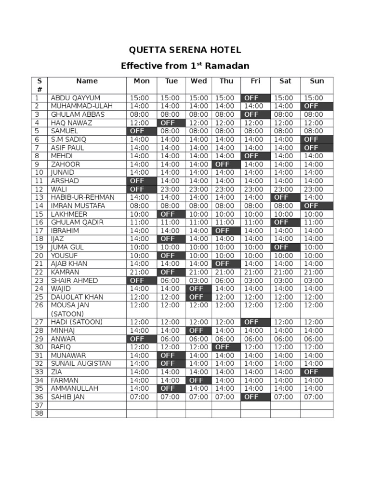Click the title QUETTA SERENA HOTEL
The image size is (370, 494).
coord(185,50)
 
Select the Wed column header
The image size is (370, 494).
coord(198,81)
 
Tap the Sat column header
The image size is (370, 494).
coord(285,81)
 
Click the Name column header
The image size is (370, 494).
coord(87,81)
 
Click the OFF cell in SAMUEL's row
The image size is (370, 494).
coord(142,131)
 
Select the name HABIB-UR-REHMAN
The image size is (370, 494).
coord(82,197)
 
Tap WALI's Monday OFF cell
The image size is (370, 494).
coord(142,189)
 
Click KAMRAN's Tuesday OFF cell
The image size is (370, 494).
coord(171,272)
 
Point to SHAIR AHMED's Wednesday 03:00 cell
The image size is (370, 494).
coord(198,280)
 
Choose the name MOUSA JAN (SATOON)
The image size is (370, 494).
coord(70,309)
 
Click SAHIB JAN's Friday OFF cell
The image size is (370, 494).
coord(255,397)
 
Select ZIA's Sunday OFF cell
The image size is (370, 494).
coord(317,372)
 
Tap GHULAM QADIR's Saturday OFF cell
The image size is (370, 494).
coord(285,222)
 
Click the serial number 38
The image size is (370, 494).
coord(39,413)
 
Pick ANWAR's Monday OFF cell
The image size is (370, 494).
coord(142,339)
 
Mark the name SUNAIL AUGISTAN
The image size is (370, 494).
coord(81,363)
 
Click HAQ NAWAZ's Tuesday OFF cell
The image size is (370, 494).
coord(171,123)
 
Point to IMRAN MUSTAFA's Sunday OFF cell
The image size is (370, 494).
coord(317,206)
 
